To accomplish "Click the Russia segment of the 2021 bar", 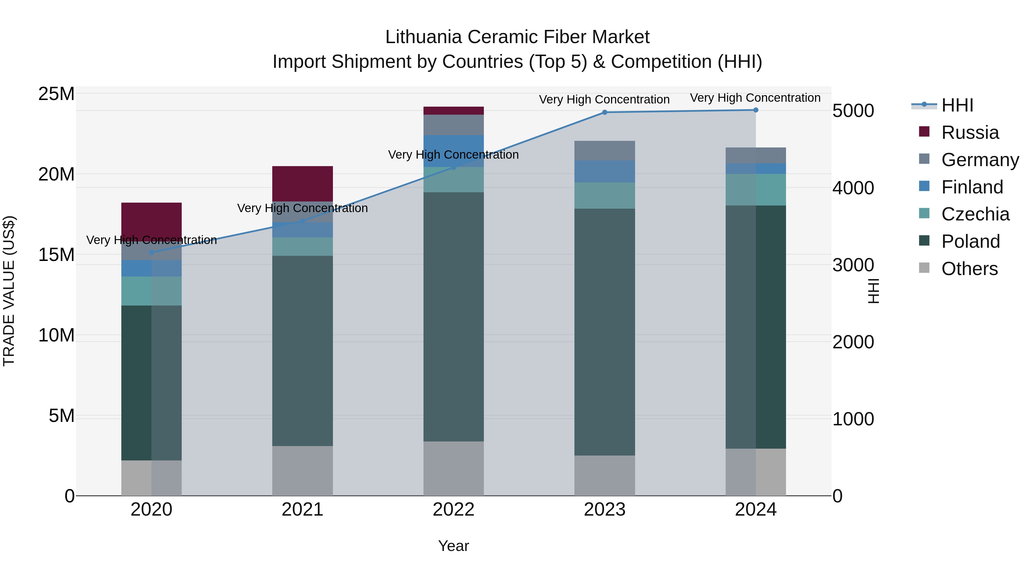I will coord(302,184).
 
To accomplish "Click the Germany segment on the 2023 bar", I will coord(604,151).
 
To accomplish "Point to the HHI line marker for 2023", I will coord(604,112).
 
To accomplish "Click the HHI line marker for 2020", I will coord(152,253).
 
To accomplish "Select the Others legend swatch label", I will coord(969,269).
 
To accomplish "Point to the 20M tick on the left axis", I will coord(56,174).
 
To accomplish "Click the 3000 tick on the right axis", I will coord(853,265).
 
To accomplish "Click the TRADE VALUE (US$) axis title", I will coord(9,291).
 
